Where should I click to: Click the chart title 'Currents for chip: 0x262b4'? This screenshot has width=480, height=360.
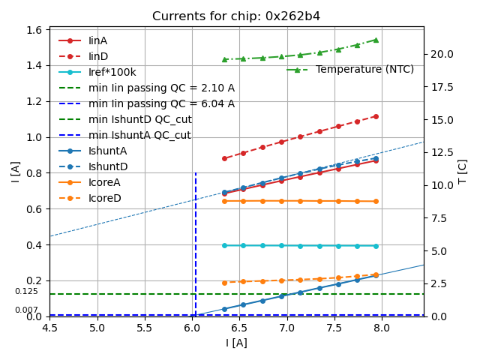point(236,16)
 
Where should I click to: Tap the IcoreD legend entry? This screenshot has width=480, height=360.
point(104,198)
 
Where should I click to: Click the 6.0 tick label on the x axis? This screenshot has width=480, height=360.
point(192,328)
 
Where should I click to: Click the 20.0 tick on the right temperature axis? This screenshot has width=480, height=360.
point(441,54)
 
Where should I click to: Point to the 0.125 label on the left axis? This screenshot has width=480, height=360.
point(26,292)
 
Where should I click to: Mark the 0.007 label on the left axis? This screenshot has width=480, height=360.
point(26,310)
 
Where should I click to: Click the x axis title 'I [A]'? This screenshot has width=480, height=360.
point(236,343)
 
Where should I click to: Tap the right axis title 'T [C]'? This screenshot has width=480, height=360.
point(463,171)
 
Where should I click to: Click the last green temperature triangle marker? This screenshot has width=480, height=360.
point(376,40)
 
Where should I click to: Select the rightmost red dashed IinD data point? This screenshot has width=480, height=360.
point(376,116)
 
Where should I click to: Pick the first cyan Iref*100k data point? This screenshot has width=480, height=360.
point(224,245)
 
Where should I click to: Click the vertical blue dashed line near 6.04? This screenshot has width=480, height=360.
point(196,240)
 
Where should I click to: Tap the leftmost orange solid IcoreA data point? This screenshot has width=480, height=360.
point(224,201)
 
